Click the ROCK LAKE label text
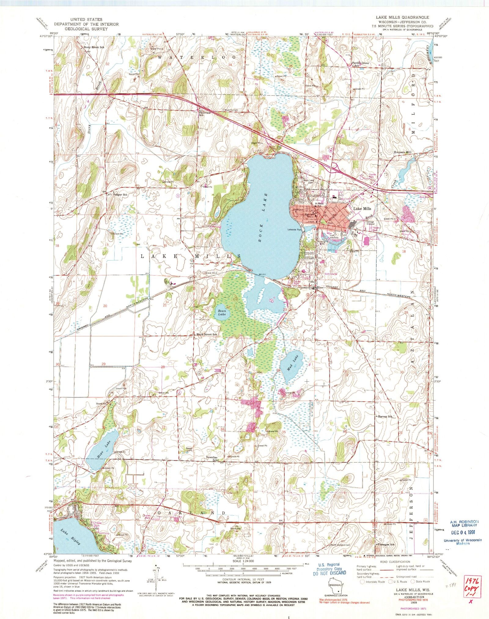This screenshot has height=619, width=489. [x=264, y=218]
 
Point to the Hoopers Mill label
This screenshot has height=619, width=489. [x=403, y=152]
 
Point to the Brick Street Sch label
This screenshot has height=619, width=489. [x=207, y=335]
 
